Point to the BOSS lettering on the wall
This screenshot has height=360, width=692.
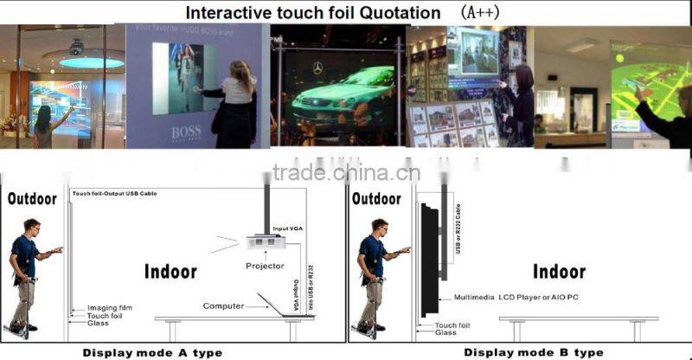click(x=184, y=132)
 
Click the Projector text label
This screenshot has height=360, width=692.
click(x=265, y=266)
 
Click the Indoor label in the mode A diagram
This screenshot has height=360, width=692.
click(x=170, y=272)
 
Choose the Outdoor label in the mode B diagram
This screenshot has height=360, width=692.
click(x=377, y=198)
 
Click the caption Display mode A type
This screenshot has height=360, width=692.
click(x=152, y=352)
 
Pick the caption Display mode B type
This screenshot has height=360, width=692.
click(x=534, y=352)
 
